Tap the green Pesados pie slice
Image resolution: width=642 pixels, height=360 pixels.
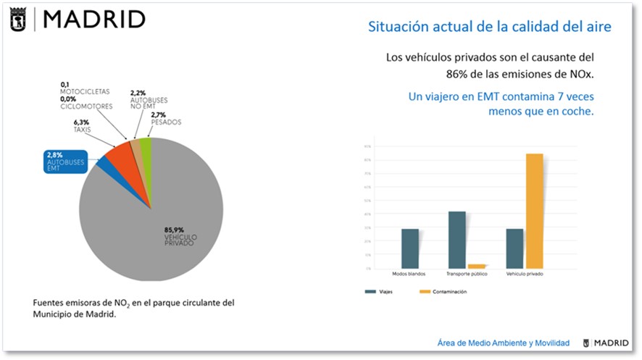pyautogui.click(x=146, y=146)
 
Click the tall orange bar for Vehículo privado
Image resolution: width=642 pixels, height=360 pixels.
pyautogui.click(x=534, y=211)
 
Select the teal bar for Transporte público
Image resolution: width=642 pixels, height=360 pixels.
pyautogui.click(x=457, y=240)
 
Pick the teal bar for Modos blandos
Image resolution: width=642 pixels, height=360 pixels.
pyautogui.click(x=410, y=248)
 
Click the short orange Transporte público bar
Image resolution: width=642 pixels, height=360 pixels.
pyautogui.click(x=476, y=266)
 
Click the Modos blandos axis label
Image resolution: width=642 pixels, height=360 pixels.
pyautogui.click(x=409, y=275)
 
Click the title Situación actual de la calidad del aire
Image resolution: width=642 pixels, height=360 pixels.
pyautogui.click(x=490, y=27)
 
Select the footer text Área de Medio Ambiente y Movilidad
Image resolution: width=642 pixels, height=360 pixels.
pyautogui.click(x=504, y=343)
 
